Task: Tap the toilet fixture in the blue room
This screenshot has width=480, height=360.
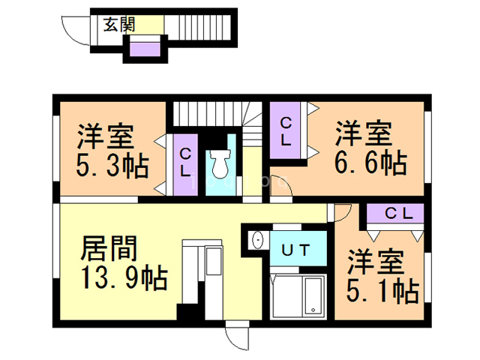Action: (220, 162)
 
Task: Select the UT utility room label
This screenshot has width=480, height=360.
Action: (295, 250)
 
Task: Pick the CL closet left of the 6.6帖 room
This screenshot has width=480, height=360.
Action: (287, 132)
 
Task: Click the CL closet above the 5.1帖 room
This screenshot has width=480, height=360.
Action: (396, 213)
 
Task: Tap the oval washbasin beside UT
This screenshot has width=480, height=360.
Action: (258, 240)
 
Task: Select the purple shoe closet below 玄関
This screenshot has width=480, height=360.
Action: (145, 49)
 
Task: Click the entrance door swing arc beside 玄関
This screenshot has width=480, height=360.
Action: (78, 31)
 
